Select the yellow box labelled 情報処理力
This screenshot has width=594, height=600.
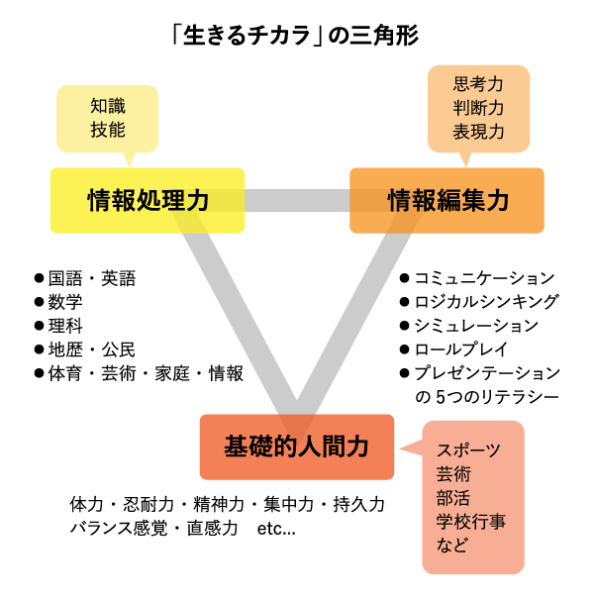pyautogui.click(x=148, y=200)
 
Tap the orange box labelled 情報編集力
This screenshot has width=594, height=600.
pyautogui.click(x=447, y=200)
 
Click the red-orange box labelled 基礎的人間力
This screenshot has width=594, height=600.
pyautogui.click(x=297, y=447)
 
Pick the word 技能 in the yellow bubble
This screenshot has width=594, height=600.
pyautogui.click(x=108, y=129)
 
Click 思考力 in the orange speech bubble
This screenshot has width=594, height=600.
pyautogui.click(x=479, y=85)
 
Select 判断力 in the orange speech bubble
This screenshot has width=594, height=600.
pyautogui.click(x=479, y=108)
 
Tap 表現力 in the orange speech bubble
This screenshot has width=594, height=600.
pyautogui.click(x=479, y=131)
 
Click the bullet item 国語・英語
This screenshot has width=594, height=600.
pyautogui.click(x=92, y=278)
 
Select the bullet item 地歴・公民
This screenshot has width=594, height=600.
pyautogui.click(x=92, y=350)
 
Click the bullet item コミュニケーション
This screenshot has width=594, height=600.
pyautogui.click(x=484, y=278)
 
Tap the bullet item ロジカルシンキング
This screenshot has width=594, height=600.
pyautogui.click(x=486, y=302)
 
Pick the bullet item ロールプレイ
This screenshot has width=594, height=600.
pyautogui.click(x=460, y=350)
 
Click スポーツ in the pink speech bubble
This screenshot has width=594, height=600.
pyautogui.click(x=468, y=450)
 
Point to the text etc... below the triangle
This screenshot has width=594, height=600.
pyautogui.click(x=276, y=529)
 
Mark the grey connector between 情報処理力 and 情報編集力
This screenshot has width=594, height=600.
pyautogui.click(x=297, y=200)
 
